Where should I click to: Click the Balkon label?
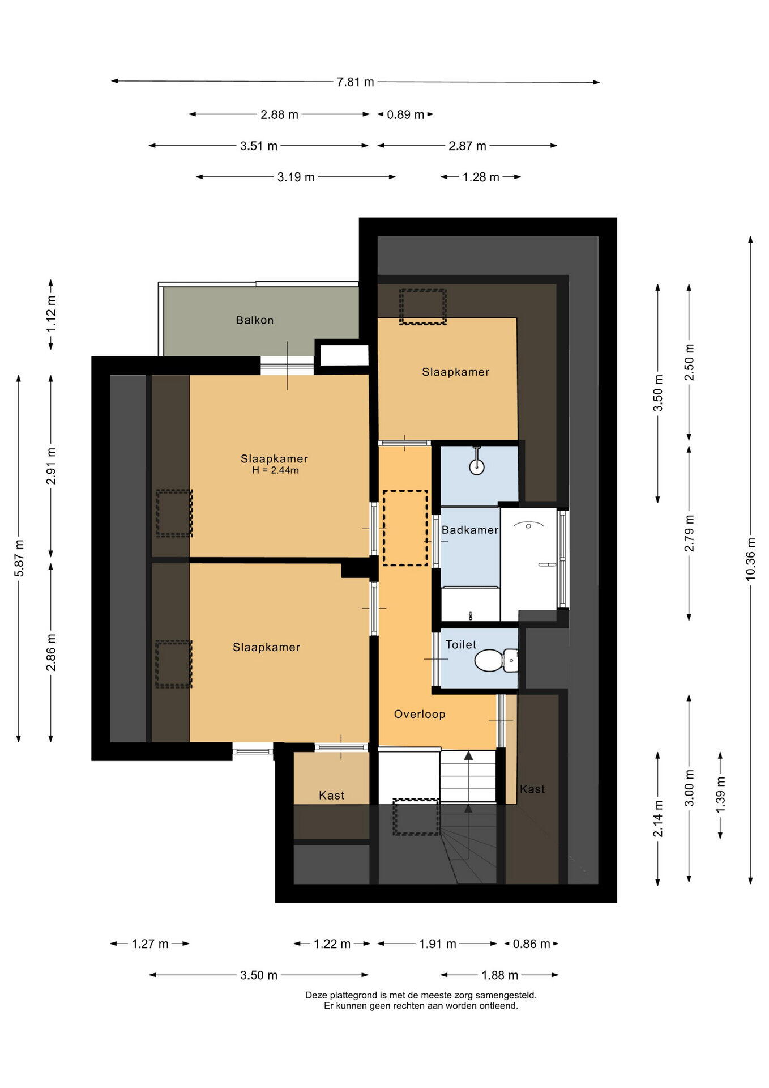255,320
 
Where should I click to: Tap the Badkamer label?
470,530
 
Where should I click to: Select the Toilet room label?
461,644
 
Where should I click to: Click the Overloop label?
420,714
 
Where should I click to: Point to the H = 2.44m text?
275,470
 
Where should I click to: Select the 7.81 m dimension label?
356,82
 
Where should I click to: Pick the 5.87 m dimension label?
19,558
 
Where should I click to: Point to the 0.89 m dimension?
405,114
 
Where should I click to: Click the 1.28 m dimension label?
481,177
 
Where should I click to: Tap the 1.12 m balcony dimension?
52,314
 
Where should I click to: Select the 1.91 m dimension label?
438,944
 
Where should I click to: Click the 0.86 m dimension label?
532,944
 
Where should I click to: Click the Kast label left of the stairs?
332,796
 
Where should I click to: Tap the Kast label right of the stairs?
532,789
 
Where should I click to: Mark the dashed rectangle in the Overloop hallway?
405,528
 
